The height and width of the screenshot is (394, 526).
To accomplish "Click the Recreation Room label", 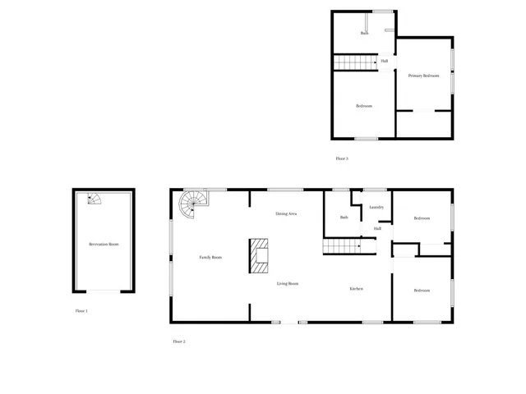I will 104,245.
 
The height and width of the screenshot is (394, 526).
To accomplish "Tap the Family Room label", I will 210,258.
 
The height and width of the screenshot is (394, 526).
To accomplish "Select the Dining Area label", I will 286,213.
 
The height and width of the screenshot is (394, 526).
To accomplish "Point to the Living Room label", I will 287,283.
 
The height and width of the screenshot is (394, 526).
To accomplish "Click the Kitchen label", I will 357,289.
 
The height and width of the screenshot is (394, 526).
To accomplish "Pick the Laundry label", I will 377,207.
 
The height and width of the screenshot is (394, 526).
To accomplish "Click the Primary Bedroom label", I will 424,76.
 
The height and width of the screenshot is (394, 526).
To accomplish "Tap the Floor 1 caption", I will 81,311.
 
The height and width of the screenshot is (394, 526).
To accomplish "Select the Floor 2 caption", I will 179,341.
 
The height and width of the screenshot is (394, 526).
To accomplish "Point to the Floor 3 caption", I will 342,158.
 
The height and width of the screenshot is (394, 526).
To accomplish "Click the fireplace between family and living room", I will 260,255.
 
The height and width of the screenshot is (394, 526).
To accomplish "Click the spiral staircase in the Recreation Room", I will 95,199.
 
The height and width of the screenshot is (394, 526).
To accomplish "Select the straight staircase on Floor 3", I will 353,62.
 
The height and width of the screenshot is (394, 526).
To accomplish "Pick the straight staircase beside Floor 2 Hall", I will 342,247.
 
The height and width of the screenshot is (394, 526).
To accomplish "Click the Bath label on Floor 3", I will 364,34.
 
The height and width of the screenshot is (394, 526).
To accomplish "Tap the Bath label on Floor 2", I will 344,218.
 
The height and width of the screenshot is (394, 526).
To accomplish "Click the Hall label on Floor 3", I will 385,61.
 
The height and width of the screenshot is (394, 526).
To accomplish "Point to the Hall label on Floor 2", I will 377,229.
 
